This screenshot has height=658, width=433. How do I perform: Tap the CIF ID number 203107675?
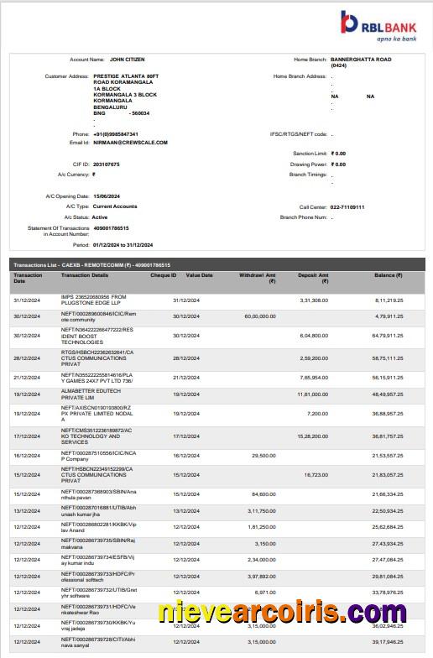107,164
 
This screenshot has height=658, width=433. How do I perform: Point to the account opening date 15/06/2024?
107,196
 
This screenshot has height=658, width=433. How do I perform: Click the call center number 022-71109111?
347,206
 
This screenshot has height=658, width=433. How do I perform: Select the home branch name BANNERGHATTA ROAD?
362,60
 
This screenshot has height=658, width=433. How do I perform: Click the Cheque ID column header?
163,274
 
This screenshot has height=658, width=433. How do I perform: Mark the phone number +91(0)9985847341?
117,133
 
